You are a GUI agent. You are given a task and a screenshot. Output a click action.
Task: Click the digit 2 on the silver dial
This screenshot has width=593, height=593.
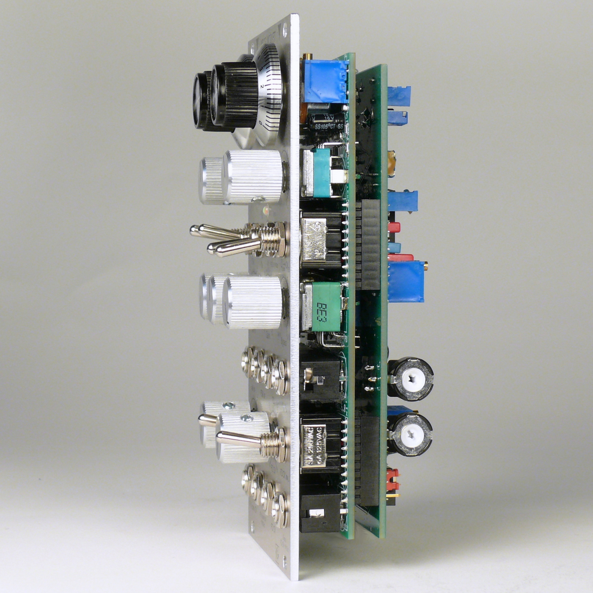(262, 86)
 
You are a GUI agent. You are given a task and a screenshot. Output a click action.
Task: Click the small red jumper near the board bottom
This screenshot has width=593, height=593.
(392, 476)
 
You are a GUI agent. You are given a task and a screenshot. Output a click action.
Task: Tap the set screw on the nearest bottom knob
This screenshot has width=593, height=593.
(245, 418)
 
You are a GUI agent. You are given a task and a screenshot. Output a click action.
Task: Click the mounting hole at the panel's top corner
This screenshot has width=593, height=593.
(284, 27)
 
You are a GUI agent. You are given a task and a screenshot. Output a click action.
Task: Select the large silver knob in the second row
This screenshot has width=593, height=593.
(252, 177)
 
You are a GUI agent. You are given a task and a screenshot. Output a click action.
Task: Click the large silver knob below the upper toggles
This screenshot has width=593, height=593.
(254, 302)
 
